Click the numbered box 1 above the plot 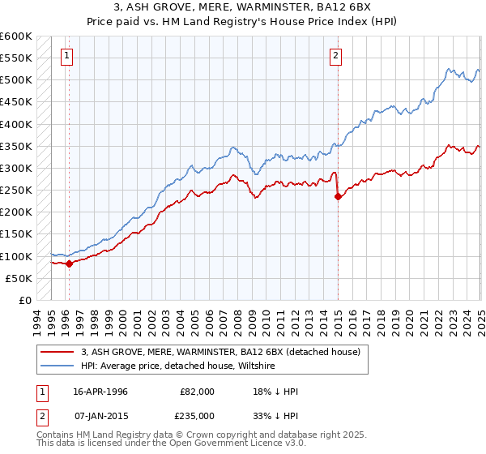coord(66,56)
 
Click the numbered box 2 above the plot coord(335,56)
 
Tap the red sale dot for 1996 coord(69,263)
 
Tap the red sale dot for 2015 coord(337,196)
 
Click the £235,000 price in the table coord(197,415)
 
